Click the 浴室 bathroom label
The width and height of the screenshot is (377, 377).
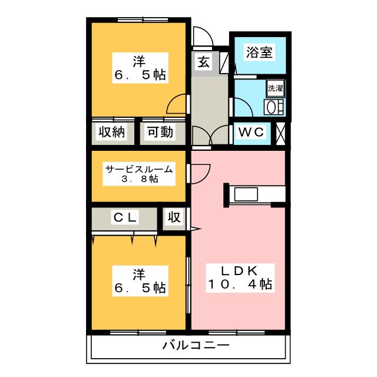point(259,52)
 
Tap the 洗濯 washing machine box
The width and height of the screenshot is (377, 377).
point(275,89)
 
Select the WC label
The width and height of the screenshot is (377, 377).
point(252,132)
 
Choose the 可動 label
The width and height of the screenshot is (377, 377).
point(160,132)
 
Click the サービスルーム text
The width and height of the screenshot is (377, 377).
point(140,170)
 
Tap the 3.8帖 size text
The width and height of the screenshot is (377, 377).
point(140,179)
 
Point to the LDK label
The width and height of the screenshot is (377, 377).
point(239,271)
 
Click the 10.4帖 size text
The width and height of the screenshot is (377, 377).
point(239,285)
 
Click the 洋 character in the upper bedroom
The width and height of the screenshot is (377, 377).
point(139,61)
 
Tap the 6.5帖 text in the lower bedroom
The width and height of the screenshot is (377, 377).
point(139,288)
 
